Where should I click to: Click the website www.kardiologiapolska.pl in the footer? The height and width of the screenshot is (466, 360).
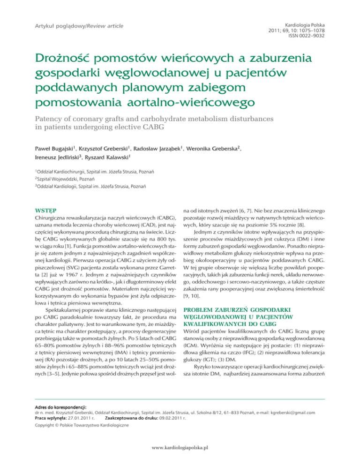coord(180,448)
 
